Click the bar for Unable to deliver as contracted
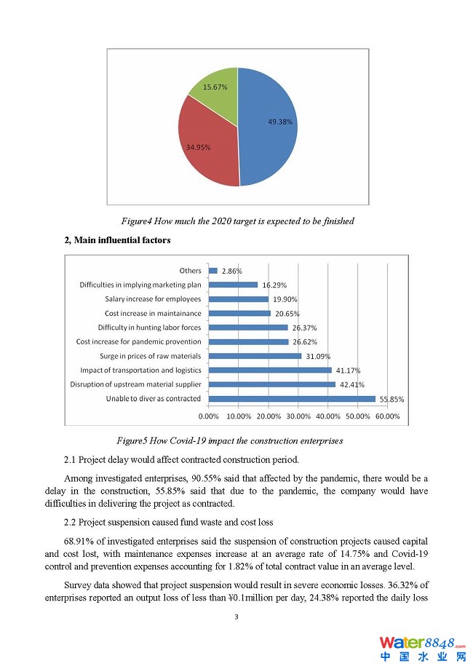click(x=292, y=399)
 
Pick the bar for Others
click(x=213, y=271)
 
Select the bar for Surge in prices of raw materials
click(x=255, y=356)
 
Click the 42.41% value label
click(x=351, y=384)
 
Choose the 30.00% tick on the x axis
click(x=298, y=416)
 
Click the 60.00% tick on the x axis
click(x=387, y=416)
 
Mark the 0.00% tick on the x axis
click(x=209, y=416)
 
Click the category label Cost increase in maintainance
click(x=153, y=313)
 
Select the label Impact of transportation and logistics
click(x=140, y=370)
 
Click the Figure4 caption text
click(x=237, y=221)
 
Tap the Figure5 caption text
click(x=230, y=440)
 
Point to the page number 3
click(x=236, y=617)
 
